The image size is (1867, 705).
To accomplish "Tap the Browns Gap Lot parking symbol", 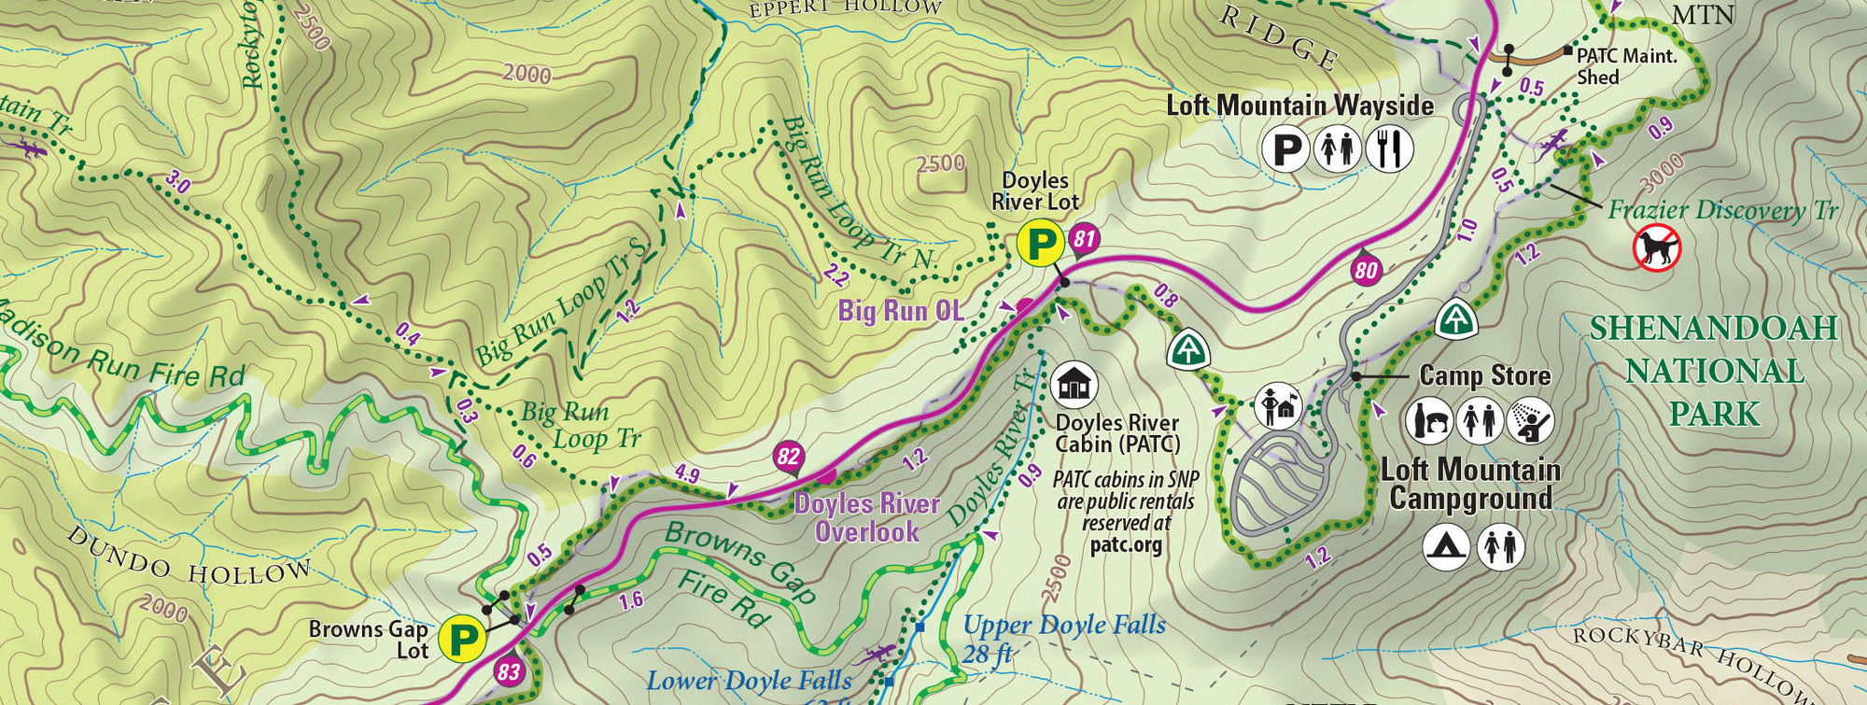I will (464, 640).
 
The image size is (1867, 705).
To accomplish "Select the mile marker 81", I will (1083, 240).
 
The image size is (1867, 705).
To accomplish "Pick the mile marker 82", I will (788, 457).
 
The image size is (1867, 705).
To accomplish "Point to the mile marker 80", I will (1365, 271).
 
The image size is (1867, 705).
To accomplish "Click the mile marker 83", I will (509, 671).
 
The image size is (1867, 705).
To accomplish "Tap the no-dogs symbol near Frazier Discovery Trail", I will (1656, 248).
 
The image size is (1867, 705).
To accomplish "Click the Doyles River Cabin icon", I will (1074, 384).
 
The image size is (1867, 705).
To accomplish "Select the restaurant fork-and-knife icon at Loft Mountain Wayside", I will (1390, 148).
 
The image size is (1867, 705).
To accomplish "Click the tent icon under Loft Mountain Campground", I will (1446, 546).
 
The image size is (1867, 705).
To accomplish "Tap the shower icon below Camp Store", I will (1530, 420).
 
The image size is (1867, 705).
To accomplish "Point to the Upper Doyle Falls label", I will (1063, 626).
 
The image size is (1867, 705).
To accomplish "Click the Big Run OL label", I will (900, 311).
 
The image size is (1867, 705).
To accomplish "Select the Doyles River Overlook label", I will (866, 517).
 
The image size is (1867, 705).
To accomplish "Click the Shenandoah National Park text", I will (1714, 371).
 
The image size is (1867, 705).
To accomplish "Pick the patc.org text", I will (1126, 544).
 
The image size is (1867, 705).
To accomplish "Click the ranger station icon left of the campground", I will (1277, 405).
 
